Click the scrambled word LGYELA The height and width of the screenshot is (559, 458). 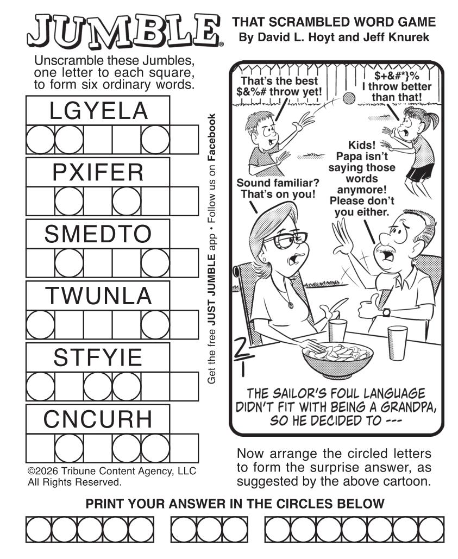(98, 110)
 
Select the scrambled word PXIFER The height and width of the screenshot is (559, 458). (98, 172)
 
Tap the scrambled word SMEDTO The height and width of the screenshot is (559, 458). (98, 234)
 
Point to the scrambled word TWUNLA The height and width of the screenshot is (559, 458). (98, 296)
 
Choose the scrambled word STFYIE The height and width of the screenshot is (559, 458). (98, 357)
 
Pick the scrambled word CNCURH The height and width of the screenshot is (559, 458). (98, 419)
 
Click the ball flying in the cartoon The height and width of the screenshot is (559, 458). (349, 98)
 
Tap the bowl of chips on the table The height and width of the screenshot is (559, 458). (337, 359)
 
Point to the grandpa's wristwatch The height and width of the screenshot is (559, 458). (386, 312)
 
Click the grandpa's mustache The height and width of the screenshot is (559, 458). (382, 248)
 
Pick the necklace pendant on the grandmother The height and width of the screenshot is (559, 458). (291, 305)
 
